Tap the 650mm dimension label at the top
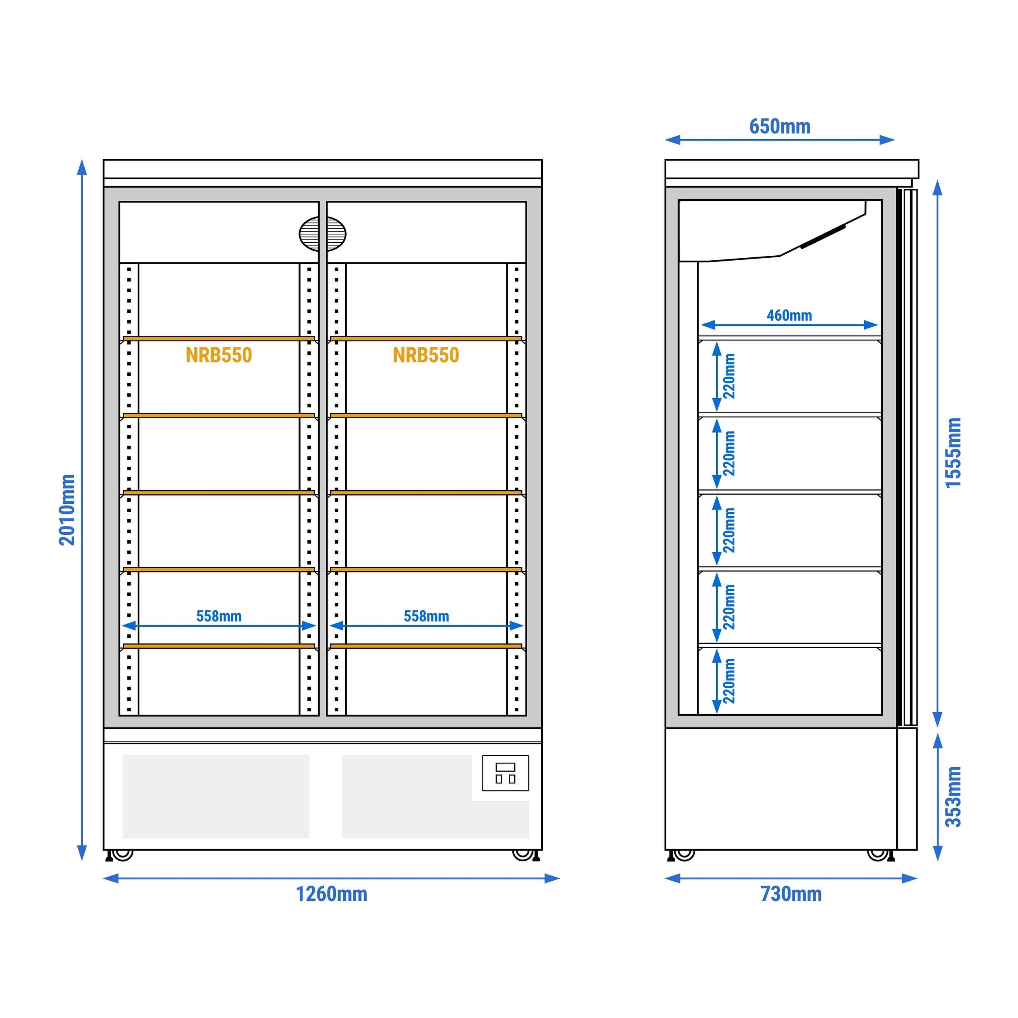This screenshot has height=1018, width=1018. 780,127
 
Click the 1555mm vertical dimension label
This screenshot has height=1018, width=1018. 954,453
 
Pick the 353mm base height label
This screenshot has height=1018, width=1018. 954,797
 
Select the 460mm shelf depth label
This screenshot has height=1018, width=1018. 789,316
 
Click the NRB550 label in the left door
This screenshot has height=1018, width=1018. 219,355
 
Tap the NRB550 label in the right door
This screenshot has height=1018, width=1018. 426,355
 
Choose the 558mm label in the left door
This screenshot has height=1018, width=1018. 219,617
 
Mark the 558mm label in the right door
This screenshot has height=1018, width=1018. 426,617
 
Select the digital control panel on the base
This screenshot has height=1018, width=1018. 505,773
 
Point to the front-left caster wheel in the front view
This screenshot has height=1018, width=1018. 122,855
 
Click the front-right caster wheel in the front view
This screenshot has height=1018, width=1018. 523,855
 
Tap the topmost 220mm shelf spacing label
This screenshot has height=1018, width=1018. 729,376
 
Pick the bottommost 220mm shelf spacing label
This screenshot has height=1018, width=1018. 729,681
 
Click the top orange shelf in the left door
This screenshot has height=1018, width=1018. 219,339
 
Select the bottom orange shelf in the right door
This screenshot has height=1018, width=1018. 426,646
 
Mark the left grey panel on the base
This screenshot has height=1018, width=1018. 216,797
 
